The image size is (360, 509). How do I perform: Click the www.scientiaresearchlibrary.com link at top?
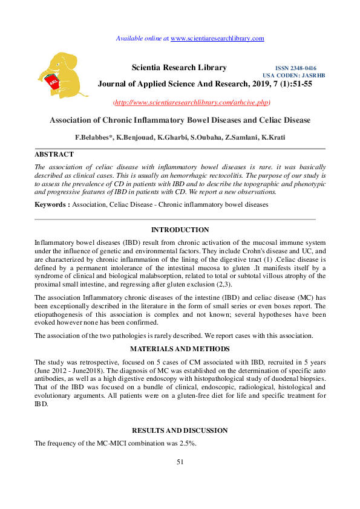pos(217,38)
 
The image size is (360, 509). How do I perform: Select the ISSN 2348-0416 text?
pos(295,68)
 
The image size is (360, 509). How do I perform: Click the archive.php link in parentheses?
pos(192,102)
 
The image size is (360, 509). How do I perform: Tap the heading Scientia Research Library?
pos(179,68)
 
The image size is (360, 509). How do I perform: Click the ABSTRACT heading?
pos(54,154)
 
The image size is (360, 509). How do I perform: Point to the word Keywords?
pos(51,205)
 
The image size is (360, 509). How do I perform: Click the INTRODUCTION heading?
pos(180,230)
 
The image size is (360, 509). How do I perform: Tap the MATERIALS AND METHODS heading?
pos(180,349)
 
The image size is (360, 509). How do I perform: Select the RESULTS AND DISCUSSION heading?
pos(180,430)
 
